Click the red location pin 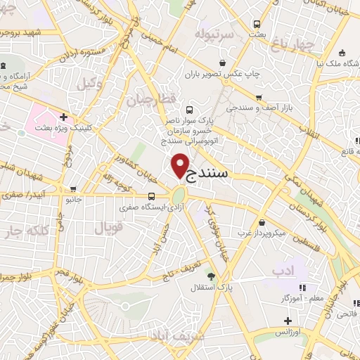click(x=181, y=165)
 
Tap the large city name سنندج click(x=224, y=172)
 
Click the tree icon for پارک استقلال click(x=210, y=275)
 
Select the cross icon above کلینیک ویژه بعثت click(x=63, y=117)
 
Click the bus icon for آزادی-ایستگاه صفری click(x=152, y=197)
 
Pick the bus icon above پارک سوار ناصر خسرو click(x=188, y=110)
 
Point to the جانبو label click(x=74, y=200)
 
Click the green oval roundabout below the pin click(x=179, y=193)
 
